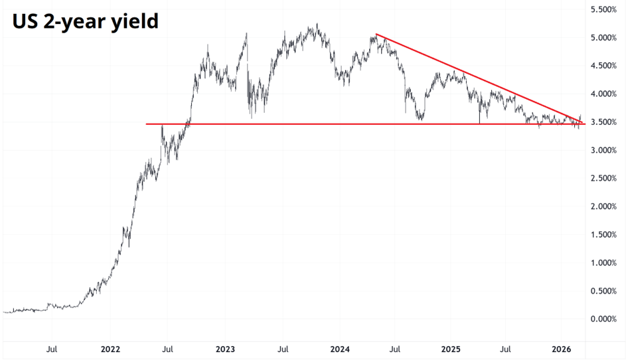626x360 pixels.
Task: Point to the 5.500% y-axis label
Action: (x=604, y=10)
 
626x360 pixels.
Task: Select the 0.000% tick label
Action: (x=604, y=319)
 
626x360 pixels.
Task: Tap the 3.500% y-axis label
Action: (x=604, y=122)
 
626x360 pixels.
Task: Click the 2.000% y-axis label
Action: (x=604, y=207)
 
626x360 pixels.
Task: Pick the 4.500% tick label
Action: (x=604, y=66)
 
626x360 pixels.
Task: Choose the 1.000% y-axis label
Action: (x=604, y=263)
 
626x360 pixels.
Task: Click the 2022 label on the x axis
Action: (x=110, y=349)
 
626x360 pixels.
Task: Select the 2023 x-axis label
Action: (x=225, y=349)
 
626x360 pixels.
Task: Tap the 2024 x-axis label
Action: (x=339, y=349)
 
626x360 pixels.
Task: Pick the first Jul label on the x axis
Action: (x=52, y=349)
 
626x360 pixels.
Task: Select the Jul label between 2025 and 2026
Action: (x=506, y=349)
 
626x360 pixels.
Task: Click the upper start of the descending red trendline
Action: (x=376, y=35)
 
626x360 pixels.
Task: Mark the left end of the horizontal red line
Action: (x=147, y=124)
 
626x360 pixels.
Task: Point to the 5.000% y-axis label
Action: (x=604, y=38)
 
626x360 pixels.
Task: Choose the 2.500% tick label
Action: (x=604, y=179)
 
